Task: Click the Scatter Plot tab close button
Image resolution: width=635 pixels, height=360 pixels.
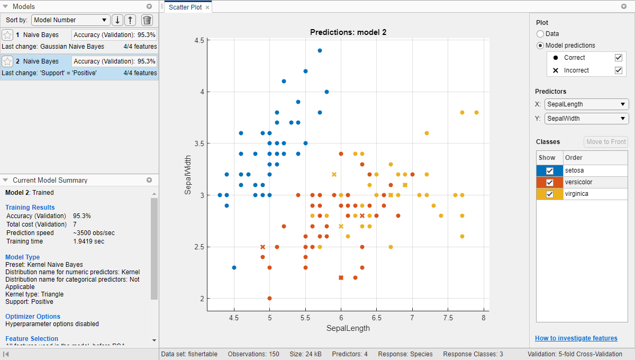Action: tap(207, 7)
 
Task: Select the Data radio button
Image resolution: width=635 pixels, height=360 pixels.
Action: tap(540, 34)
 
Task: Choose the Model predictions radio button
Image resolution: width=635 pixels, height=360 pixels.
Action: tap(540, 46)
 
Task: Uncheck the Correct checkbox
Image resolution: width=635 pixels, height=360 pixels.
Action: tap(618, 58)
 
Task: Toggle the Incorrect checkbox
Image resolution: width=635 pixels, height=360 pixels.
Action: tap(618, 70)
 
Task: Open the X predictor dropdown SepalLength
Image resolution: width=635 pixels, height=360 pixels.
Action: tap(586, 104)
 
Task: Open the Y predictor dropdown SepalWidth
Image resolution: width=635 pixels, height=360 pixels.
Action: tap(586, 119)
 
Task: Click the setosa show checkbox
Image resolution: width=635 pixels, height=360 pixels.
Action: tap(550, 170)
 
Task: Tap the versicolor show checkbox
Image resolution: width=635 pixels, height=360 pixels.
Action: tap(550, 182)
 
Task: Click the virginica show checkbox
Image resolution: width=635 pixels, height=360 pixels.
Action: tap(550, 194)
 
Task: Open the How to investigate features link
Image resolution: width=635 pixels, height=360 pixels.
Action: tap(576, 338)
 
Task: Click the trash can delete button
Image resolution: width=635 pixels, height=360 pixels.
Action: tap(147, 20)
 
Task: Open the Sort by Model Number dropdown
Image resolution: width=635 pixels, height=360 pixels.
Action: tap(70, 20)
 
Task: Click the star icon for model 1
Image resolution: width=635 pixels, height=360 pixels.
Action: tap(7, 35)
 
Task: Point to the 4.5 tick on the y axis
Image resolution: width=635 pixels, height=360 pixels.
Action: tap(199, 40)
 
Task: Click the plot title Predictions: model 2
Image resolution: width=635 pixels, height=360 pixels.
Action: tap(348, 32)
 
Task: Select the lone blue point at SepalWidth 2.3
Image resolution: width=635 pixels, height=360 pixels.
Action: tap(234, 267)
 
